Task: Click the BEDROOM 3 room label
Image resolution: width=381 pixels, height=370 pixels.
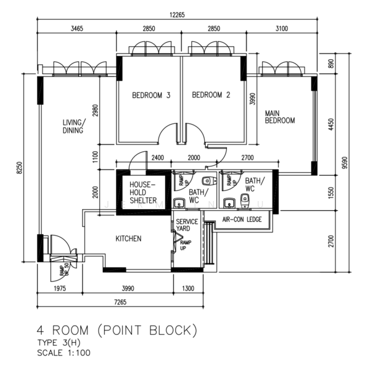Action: [150, 96]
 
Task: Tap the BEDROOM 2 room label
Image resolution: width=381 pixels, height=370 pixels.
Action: [211, 95]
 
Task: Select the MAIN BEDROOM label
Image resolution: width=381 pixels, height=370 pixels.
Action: [280, 117]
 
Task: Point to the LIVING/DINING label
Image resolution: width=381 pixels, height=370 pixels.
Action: [73, 126]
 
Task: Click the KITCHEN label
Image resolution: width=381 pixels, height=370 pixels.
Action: [128, 239]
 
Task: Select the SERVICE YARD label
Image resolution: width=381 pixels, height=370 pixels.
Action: [187, 225]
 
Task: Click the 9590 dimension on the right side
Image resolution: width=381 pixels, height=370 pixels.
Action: [350, 162]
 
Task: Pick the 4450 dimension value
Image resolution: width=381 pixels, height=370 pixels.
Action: [331, 126]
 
